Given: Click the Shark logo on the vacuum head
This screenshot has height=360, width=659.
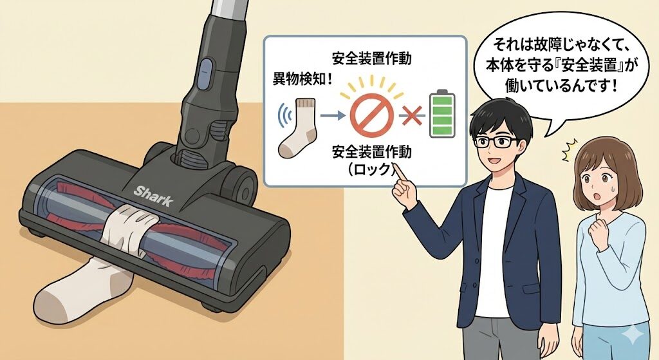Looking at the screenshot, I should click(154, 196).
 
